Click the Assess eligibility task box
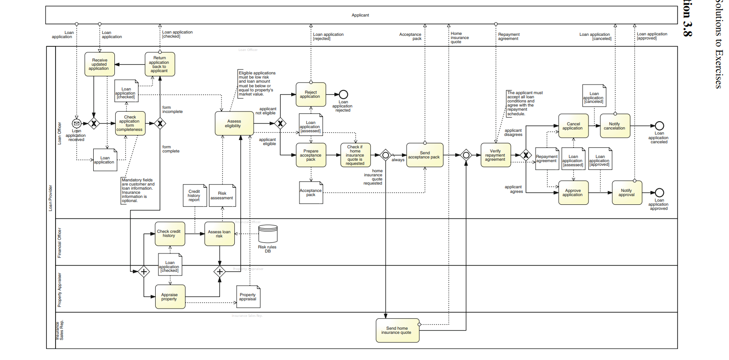[234, 124]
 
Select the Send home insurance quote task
[397, 331]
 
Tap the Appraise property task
[170, 297]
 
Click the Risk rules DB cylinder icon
[268, 234]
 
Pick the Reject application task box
[311, 95]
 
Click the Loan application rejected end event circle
[343, 95]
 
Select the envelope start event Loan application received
[77, 124]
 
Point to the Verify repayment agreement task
[496, 155]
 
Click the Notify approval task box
[627, 193]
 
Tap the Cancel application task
[573, 126]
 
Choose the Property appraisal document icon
[249, 297]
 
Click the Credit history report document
[194, 196]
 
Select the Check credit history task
[170, 234]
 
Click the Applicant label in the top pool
[361, 15]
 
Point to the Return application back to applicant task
[160, 64]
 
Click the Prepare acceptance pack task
[311, 155]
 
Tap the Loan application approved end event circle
[659, 193]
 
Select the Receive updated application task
[100, 64]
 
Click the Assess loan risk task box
[220, 234]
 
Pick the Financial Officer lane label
[59, 242]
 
